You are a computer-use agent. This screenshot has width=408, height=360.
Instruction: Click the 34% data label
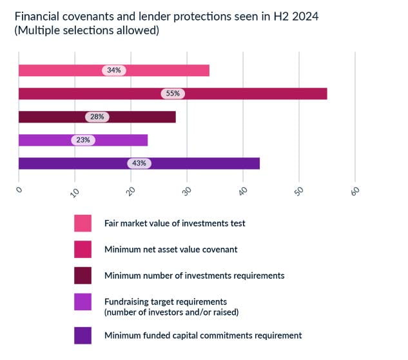114,70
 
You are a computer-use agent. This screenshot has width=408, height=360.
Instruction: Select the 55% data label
173,94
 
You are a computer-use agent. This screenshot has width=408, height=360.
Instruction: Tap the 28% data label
97,117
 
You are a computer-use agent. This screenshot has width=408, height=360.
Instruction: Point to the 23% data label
83,140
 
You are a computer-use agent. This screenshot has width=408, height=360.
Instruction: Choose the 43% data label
139,163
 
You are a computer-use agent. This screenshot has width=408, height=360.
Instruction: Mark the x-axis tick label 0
19,189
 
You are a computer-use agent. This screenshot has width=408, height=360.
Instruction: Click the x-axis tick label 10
74,191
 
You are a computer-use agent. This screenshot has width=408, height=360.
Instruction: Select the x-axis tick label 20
130,191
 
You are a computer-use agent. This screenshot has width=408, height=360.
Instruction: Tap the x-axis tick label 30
186,191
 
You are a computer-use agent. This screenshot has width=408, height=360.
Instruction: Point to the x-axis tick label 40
242,191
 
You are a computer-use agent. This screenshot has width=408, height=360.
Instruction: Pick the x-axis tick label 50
298,191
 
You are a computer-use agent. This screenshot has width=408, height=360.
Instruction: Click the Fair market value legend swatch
83,223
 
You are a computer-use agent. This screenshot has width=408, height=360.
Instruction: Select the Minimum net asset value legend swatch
83,249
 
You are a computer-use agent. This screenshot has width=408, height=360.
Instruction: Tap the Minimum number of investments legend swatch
83,275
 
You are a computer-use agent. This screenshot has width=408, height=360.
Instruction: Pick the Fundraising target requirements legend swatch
83,301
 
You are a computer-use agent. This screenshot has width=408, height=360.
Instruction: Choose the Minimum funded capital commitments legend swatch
83,335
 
